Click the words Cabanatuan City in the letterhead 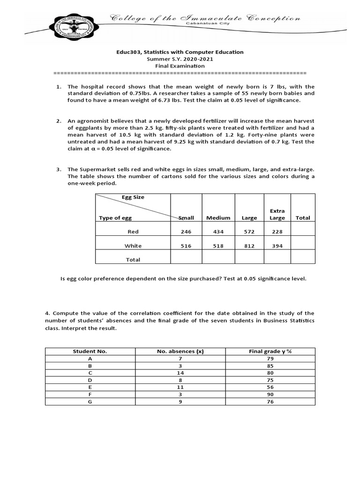tap(204, 23)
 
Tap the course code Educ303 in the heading tap(128, 52)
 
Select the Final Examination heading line tap(180, 66)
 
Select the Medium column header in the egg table tap(218, 217)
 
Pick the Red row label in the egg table tap(133, 232)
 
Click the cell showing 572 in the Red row tap(249, 232)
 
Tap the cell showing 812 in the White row tap(249, 246)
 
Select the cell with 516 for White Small tap(186, 246)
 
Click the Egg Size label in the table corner tap(133, 197)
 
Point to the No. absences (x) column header tap(180, 351)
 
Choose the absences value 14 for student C tap(180, 373)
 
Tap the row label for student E tap(90, 388)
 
